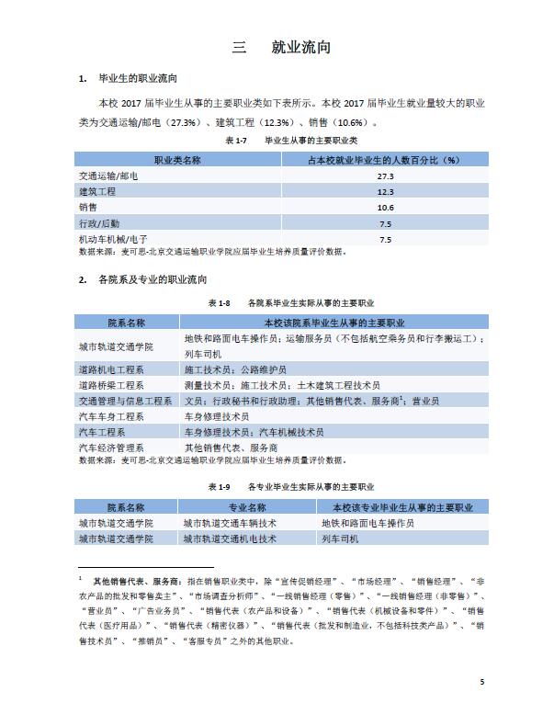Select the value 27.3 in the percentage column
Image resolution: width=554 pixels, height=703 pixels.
pos(385,176)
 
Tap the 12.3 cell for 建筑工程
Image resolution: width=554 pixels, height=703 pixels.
pos(385,192)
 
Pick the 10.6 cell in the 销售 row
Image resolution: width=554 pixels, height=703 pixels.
pos(385,208)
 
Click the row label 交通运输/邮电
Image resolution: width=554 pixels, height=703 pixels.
pos(108,176)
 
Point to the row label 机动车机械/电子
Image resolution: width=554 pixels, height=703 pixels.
pos(113,240)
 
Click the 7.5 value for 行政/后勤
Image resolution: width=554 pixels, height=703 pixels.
pos(385,224)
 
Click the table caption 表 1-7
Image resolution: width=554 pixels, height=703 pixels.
pos(236,142)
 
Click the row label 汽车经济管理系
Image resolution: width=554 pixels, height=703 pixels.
pos(112,448)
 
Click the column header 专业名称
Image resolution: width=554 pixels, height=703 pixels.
pos(247,507)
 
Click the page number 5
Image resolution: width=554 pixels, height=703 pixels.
pos(481,681)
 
